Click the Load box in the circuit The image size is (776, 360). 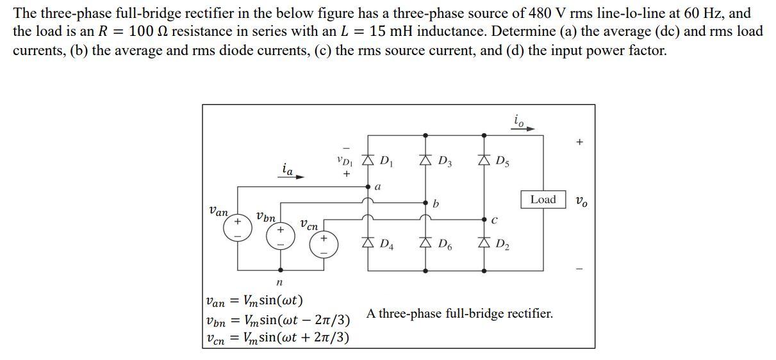click(x=543, y=199)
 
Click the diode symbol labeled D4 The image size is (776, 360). click(x=368, y=243)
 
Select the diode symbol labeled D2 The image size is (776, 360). click(x=484, y=243)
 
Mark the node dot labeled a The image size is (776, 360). click(x=368, y=188)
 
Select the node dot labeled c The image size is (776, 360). click(x=484, y=218)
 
